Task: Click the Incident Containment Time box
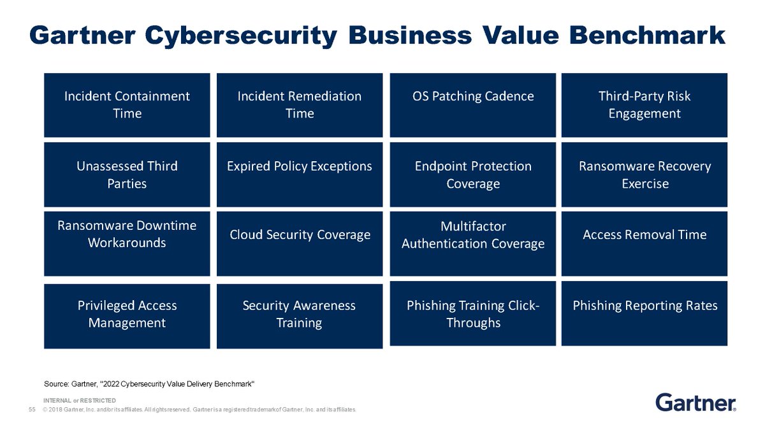tap(127, 105)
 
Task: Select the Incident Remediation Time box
tap(300, 105)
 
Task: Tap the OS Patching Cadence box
tap(472, 105)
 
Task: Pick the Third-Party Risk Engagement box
tap(644, 105)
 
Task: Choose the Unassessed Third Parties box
tap(127, 175)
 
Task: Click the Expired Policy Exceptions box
tap(300, 175)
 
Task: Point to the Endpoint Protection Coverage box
tap(472, 175)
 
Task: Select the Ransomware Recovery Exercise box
tap(644, 175)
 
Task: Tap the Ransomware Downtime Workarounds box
tap(127, 243)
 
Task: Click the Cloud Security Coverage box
tap(300, 243)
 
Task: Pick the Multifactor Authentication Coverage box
tap(472, 243)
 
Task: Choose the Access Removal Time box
tap(644, 243)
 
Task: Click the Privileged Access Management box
tap(127, 316)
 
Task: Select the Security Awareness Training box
tap(300, 316)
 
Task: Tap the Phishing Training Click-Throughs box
tap(472, 313)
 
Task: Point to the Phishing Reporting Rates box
tap(644, 313)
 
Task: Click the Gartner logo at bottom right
tap(696, 403)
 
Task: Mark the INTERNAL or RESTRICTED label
tap(80, 400)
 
